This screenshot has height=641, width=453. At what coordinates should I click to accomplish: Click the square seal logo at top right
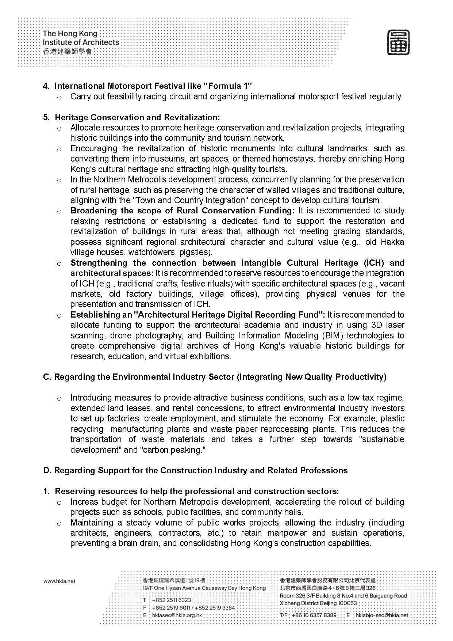[398, 43]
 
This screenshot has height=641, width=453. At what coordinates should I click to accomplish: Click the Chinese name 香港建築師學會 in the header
[67, 52]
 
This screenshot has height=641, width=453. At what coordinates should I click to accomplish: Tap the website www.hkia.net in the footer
[59, 581]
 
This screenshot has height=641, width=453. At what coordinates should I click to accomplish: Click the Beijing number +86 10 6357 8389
[314, 615]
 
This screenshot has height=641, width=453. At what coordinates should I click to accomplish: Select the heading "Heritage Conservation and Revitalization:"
[138, 117]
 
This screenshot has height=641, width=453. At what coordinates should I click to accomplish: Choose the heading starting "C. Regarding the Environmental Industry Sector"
[215, 377]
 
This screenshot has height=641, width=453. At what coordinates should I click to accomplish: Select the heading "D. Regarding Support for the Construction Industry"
[195, 470]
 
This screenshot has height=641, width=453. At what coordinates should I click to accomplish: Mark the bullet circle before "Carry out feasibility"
[59, 97]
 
